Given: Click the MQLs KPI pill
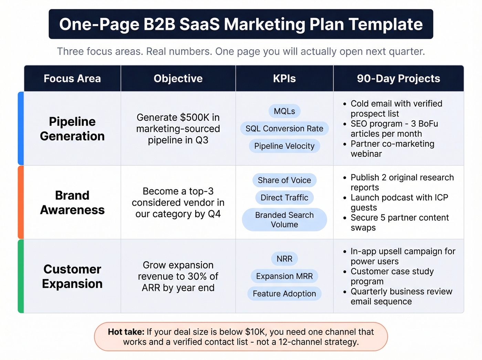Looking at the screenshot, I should (284, 111).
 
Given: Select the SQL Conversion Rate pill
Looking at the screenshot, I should (284, 128).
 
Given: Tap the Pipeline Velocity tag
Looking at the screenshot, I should (284, 146).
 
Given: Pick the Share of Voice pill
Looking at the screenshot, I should (284, 180).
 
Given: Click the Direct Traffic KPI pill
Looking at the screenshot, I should (284, 198).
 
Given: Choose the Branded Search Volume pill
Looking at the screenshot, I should (284, 220).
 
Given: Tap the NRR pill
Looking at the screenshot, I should (284, 259).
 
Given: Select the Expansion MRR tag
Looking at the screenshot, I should (284, 276).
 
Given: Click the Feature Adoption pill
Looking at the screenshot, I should (284, 294).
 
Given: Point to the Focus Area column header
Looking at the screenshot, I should (72, 79).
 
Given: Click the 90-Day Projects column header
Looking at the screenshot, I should (398, 79).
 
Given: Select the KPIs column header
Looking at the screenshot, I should (284, 79).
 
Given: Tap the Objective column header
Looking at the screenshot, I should (178, 79).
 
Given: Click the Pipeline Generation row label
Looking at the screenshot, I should (72, 129).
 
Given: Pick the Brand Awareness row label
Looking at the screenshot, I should (72, 203).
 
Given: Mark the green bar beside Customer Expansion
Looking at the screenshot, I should (21, 276).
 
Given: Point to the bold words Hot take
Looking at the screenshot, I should (126, 332).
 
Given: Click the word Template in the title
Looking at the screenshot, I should (386, 24).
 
